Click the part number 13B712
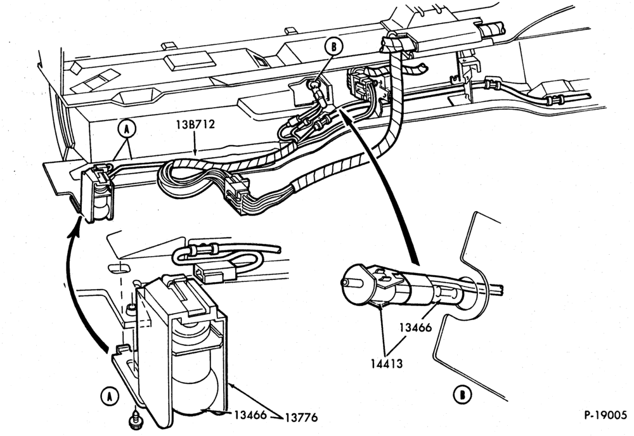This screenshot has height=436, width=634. tap(195, 124)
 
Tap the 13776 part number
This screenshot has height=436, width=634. tap(301, 417)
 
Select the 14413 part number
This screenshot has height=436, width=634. tap(387, 363)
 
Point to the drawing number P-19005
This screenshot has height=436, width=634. tap(605, 415)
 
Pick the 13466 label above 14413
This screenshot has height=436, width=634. tap(415, 327)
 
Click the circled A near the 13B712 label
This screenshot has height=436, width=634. tap(127, 129)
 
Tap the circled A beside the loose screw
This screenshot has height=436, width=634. tap(109, 396)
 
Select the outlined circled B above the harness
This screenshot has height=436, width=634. tap(333, 46)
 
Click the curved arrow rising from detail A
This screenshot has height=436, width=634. tap(77, 283)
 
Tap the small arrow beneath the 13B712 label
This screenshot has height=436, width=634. tap(195, 143)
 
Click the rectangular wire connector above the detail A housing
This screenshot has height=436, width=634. tap(212, 271)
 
